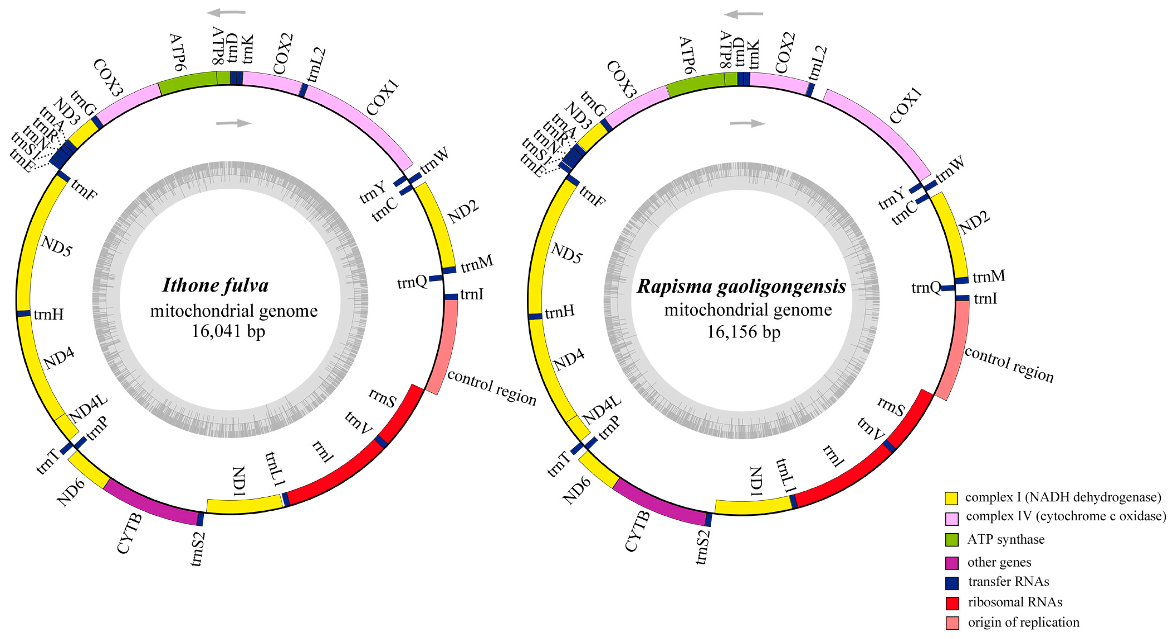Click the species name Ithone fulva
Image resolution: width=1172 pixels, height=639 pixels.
[x=215, y=285]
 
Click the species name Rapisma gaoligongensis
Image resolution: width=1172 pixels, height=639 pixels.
[x=741, y=286]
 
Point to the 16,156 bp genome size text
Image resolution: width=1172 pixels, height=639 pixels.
[x=743, y=332]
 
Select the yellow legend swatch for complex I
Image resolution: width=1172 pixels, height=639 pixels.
[x=951, y=498]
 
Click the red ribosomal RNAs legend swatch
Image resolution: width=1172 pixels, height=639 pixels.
[x=952, y=603]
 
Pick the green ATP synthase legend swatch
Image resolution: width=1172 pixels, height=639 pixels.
[x=952, y=540]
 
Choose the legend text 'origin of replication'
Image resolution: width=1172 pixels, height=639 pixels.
[x=1023, y=622]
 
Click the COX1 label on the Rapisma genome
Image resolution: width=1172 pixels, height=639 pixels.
[x=906, y=106]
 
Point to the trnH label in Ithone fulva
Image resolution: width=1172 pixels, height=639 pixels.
[x=48, y=314]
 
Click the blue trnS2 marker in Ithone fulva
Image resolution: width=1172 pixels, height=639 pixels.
[x=200, y=519]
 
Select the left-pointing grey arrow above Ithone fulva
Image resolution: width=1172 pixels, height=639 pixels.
[x=226, y=13]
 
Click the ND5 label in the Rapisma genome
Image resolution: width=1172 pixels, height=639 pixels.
[x=566, y=253]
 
